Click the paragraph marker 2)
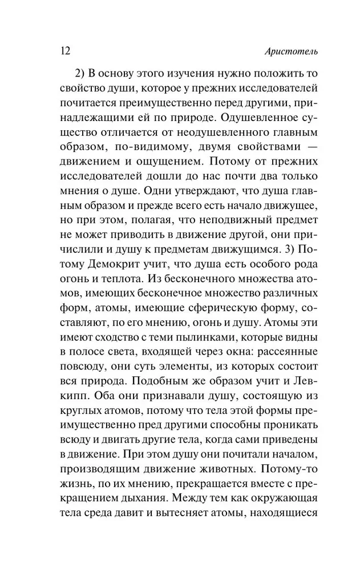pyautogui.click(x=82, y=75)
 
